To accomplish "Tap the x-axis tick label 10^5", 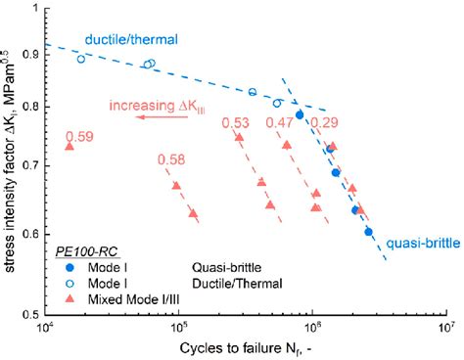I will click(x=178, y=330).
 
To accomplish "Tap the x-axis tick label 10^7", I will click(x=445, y=330).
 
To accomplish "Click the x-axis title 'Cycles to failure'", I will click(x=237, y=348).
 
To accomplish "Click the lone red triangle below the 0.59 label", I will click(x=69, y=147).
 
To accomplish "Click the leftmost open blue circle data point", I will click(x=81, y=59).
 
